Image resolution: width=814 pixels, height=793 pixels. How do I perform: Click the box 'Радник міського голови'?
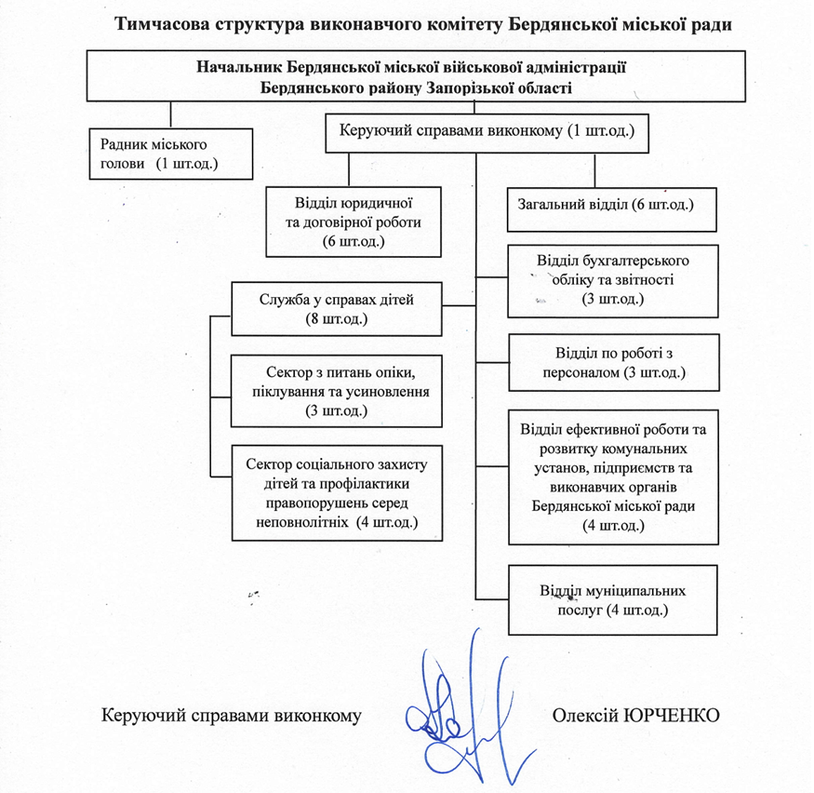pyautogui.click(x=170, y=154)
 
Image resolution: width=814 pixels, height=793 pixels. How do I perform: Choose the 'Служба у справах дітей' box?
pyautogui.click(x=335, y=309)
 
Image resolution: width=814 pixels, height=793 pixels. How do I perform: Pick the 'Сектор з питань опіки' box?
pyautogui.click(x=335, y=390)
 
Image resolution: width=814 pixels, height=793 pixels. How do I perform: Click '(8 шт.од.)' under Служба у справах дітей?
pyautogui.click(x=335, y=319)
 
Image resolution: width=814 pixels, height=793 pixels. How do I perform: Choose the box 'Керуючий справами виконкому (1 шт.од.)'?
pyautogui.click(x=486, y=132)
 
